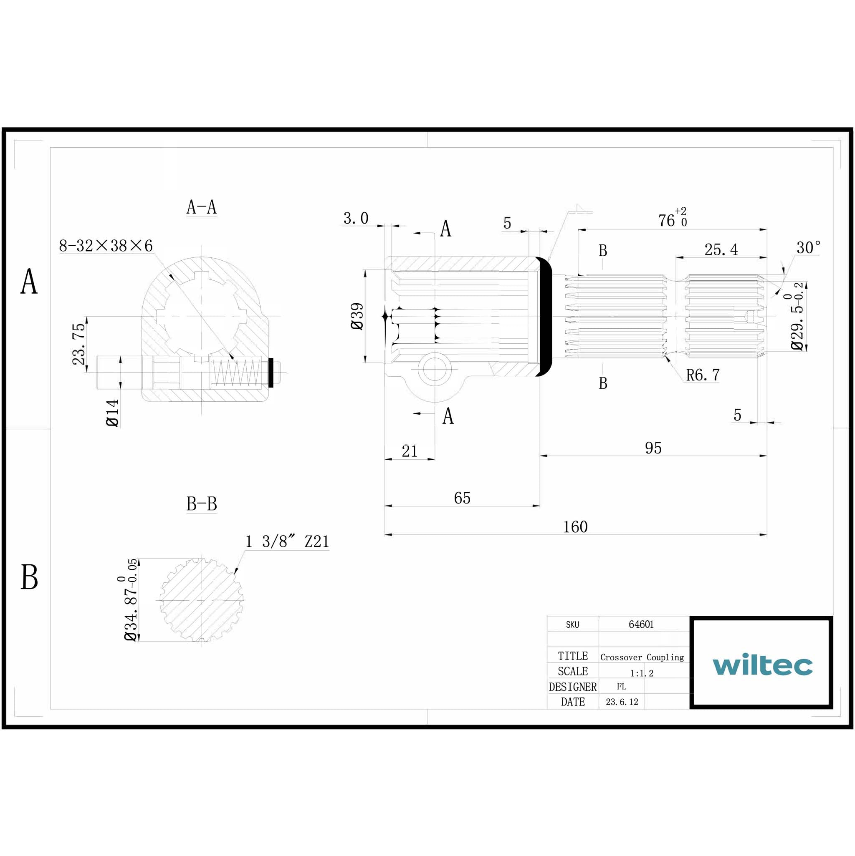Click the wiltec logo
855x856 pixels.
(762, 665)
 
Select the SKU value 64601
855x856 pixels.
(641, 624)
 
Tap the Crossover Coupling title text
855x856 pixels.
(642, 657)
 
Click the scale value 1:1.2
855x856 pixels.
(642, 673)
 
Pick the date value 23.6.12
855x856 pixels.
(622, 702)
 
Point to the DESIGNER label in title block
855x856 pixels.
(572, 687)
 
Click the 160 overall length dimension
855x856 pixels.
(575, 527)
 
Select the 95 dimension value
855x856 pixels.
(653, 448)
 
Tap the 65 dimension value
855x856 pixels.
(462, 498)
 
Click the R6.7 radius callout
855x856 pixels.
(703, 375)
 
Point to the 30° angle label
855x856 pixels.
(808, 248)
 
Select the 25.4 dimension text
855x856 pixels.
(721, 250)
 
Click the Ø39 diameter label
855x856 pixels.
(357, 316)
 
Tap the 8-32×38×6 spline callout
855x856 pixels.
(106, 246)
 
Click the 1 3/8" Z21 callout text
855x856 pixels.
(287, 541)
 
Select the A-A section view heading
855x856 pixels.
(201, 207)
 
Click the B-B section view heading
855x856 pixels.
(201, 504)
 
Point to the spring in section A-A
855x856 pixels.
(235, 372)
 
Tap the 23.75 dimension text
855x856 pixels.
(79, 344)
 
